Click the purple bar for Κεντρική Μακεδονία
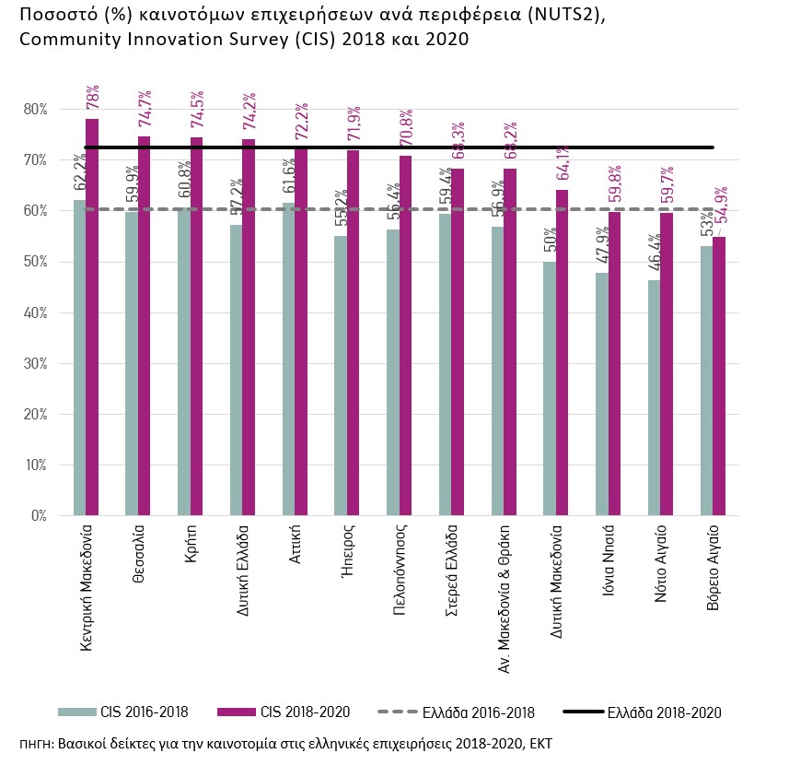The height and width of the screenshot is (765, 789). pos(92,317)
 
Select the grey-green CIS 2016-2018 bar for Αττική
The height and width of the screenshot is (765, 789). pos(288,359)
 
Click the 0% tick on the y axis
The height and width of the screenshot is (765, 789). pos(39,516)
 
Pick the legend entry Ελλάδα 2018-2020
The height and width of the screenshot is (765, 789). pos(663,712)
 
